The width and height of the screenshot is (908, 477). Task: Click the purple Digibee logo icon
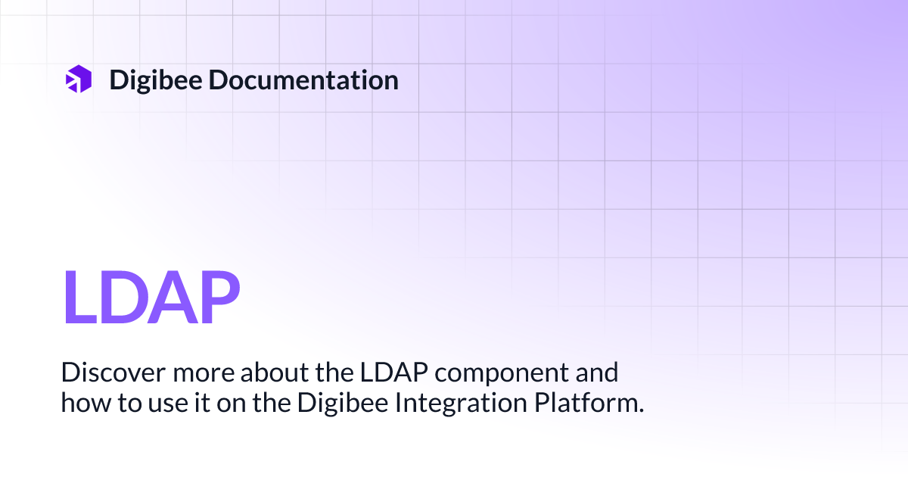tap(78, 79)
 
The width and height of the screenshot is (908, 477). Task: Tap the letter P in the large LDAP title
tap(216, 298)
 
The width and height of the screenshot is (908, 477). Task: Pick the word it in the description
tap(182, 403)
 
